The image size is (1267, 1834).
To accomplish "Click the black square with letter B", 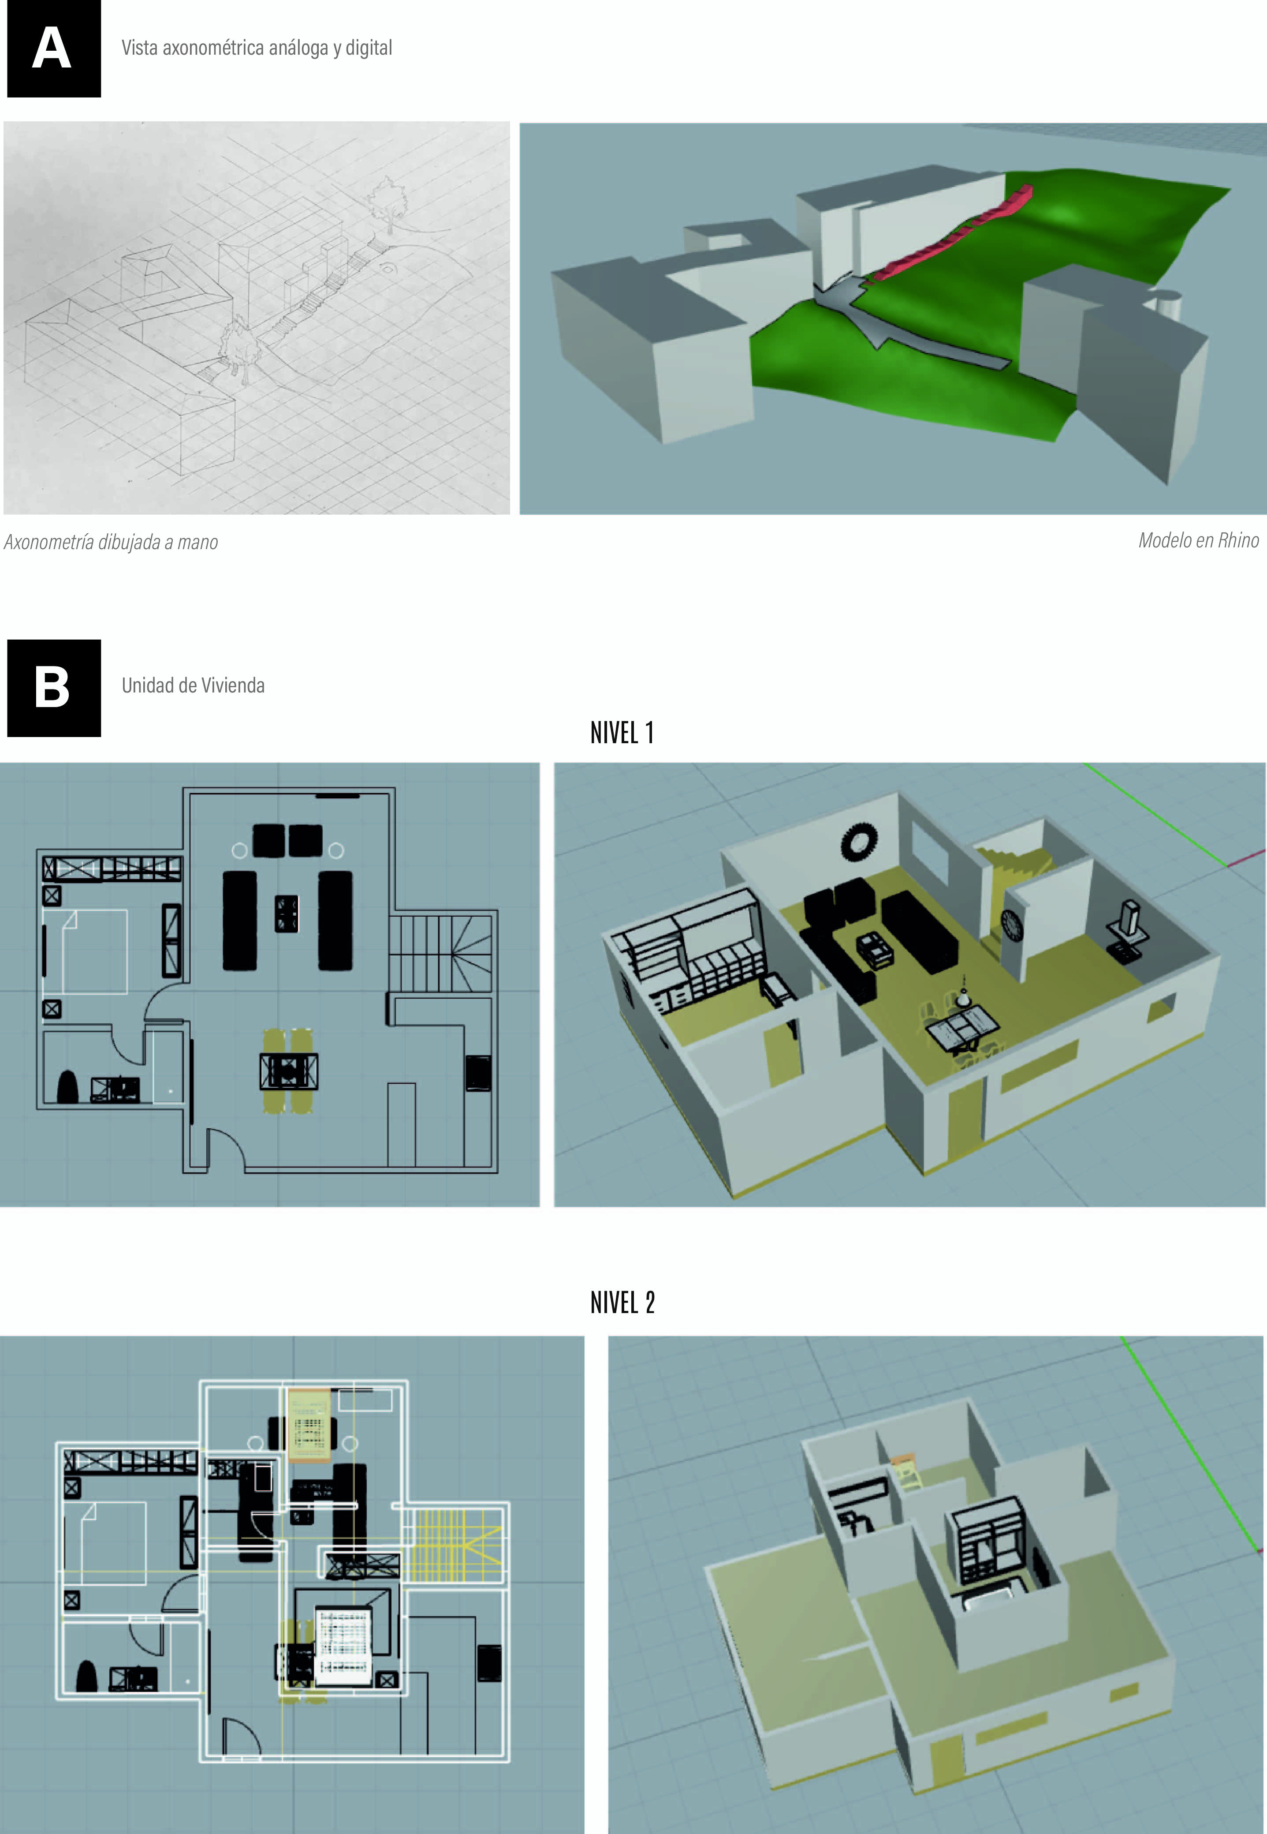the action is pyautogui.click(x=54, y=688).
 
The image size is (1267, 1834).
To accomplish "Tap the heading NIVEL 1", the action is pyautogui.click(x=622, y=732).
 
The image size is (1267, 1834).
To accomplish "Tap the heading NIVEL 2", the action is pyautogui.click(x=622, y=1303).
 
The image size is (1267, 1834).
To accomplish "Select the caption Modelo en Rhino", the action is pyautogui.click(x=1199, y=541).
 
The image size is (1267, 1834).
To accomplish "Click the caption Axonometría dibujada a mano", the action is pyautogui.click(x=111, y=543).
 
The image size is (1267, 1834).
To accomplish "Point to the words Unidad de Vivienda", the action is pyautogui.click(x=193, y=685).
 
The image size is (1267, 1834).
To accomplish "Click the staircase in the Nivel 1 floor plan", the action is pyautogui.click(x=440, y=953).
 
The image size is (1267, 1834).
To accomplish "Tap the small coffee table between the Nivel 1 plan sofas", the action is pyautogui.click(x=287, y=913).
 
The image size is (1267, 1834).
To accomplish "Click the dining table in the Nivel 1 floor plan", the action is pyautogui.click(x=289, y=1070).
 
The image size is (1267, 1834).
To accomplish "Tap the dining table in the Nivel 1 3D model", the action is pyautogui.click(x=962, y=1025).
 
